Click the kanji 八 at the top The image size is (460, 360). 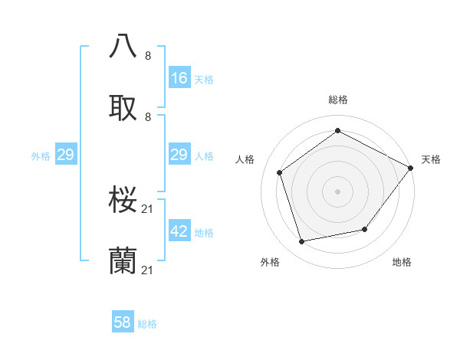(x=123, y=46)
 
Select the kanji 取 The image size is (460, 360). (x=123, y=108)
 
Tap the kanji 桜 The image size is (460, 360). (x=123, y=199)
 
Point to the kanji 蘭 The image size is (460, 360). (x=123, y=260)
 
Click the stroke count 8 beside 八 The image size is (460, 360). (x=148, y=56)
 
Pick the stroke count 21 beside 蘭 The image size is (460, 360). (x=148, y=270)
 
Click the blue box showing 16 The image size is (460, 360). (x=179, y=78)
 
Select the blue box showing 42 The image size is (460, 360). (x=179, y=231)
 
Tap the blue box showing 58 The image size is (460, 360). (x=123, y=322)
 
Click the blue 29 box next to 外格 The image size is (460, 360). (x=65, y=155)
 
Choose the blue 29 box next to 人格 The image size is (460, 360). (x=179, y=155)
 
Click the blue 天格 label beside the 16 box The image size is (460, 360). (x=204, y=80)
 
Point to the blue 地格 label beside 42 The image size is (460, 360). (x=204, y=233)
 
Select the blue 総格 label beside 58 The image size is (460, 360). (x=147, y=324)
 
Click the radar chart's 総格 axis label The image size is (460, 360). (x=338, y=100)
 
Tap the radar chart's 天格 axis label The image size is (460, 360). (x=431, y=159)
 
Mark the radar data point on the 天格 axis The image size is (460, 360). (x=411, y=168)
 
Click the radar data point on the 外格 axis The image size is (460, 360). (x=302, y=242)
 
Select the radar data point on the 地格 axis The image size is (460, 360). (x=365, y=229)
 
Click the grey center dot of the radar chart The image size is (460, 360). (x=337, y=191)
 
